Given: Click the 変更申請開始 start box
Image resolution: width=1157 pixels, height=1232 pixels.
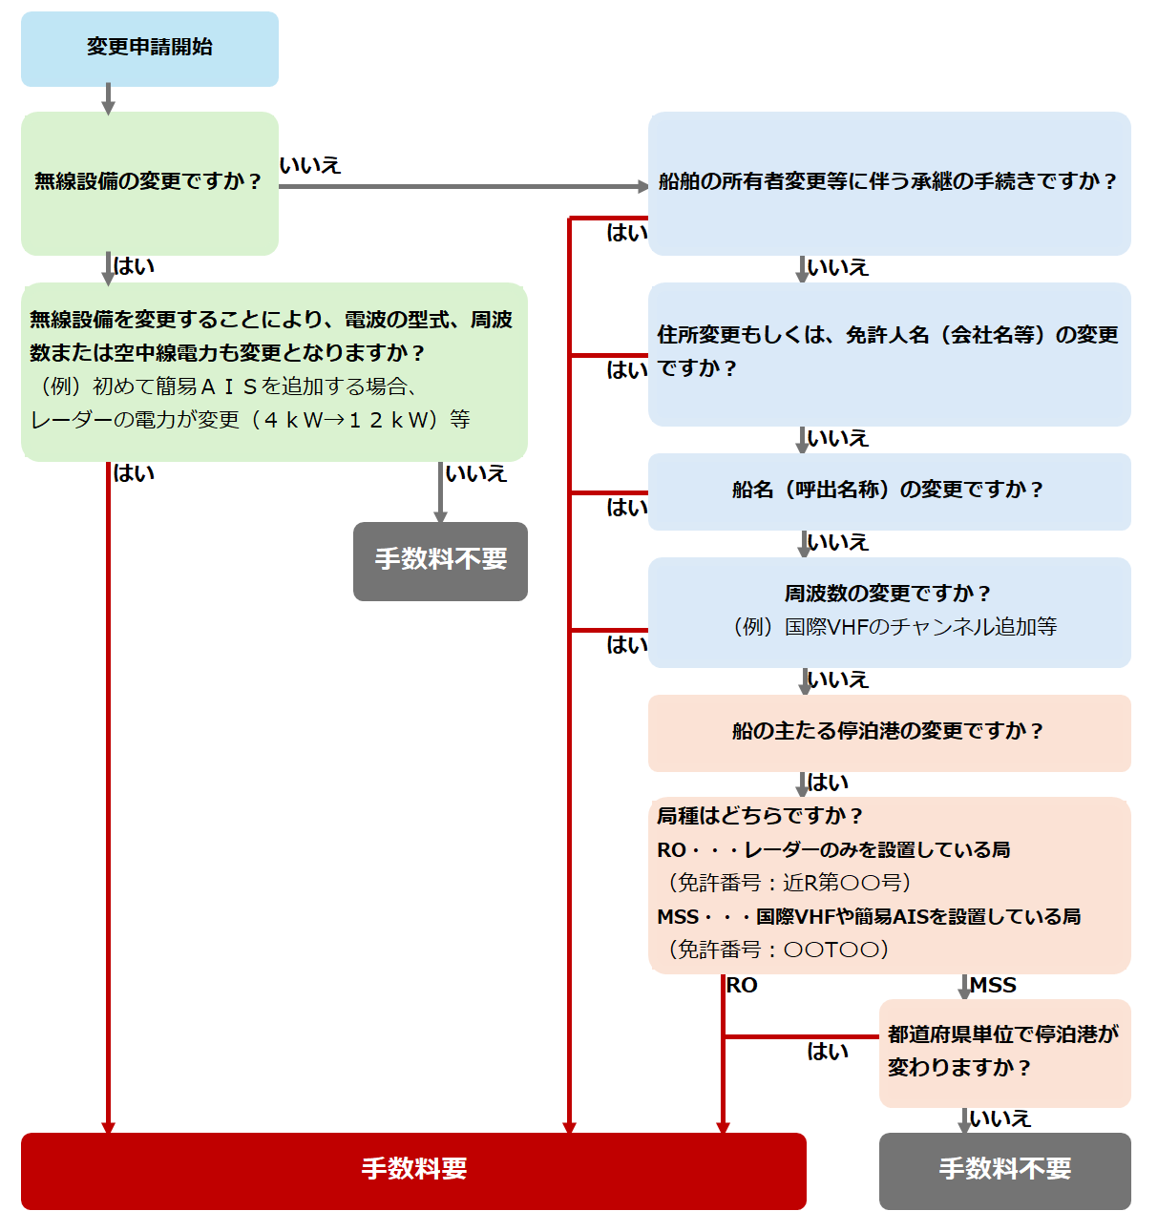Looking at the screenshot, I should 150,49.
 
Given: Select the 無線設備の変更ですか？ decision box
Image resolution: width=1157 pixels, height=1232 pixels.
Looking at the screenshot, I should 150,182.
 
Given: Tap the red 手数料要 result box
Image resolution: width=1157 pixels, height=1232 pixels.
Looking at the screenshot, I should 413,1170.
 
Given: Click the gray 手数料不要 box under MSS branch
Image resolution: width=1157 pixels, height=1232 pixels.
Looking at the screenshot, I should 1004,1170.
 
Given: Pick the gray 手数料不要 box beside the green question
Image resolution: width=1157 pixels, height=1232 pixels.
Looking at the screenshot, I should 440,561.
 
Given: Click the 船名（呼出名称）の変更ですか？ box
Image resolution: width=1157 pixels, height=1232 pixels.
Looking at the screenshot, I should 889,491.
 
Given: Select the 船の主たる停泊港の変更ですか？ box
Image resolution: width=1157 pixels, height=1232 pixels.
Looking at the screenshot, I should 889,732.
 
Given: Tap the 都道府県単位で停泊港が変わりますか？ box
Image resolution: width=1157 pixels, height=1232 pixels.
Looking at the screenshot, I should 1004,1052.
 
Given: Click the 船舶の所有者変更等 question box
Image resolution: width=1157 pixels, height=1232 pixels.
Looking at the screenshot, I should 889,182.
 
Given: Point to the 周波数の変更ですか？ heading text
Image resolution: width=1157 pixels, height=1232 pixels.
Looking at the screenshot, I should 888,594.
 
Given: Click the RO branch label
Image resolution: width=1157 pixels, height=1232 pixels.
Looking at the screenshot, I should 742,986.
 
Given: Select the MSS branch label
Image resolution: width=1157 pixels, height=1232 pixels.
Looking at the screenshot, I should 993,986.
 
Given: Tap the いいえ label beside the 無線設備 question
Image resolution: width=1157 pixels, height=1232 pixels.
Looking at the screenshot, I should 310,166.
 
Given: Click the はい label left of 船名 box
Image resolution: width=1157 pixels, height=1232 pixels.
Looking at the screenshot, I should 627,508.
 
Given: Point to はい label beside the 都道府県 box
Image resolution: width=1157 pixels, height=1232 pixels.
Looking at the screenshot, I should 828,1052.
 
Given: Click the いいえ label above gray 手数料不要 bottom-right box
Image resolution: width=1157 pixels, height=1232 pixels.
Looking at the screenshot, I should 999,1118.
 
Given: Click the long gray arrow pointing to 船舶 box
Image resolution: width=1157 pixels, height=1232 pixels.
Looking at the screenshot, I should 463,186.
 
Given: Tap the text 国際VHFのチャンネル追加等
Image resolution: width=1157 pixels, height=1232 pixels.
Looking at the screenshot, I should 921,627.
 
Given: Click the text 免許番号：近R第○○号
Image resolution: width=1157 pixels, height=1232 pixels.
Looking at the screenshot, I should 789,883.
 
